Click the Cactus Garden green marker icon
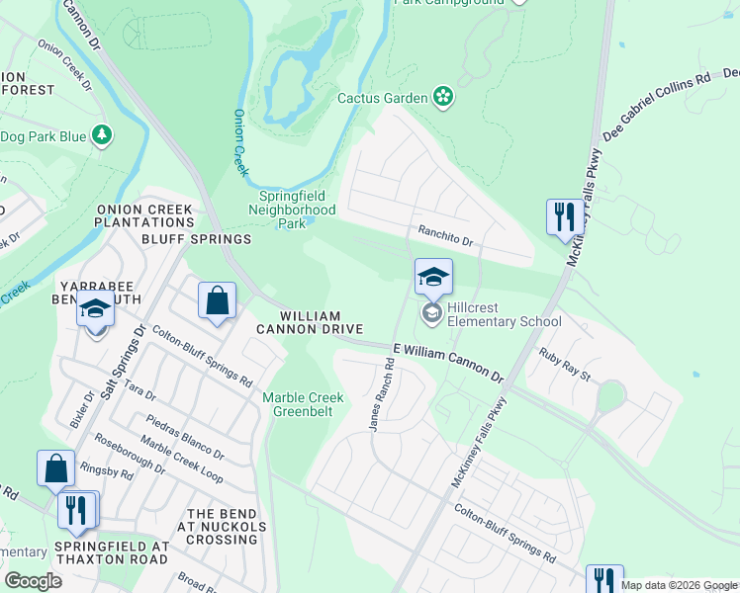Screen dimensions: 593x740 pyautogui.click(x=444, y=97)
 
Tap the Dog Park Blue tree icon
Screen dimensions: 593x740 pyautogui.click(x=101, y=135)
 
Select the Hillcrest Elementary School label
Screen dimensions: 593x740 pyautogui.click(x=504, y=314)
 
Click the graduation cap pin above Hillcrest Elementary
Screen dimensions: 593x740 pyautogui.click(x=432, y=278)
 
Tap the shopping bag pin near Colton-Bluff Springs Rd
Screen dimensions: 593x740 pyautogui.click(x=217, y=300)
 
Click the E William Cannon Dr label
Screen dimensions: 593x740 pyautogui.click(x=448, y=362)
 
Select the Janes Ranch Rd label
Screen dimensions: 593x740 pyautogui.click(x=381, y=394)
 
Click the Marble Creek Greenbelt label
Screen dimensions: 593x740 pyautogui.click(x=303, y=404)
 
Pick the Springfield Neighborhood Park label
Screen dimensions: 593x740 pyautogui.click(x=291, y=210)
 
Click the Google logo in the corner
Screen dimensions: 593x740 pyautogui.click(x=33, y=580)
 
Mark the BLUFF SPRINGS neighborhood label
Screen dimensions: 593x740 pyautogui.click(x=196, y=239)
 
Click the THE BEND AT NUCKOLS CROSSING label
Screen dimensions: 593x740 pyautogui.click(x=223, y=528)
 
